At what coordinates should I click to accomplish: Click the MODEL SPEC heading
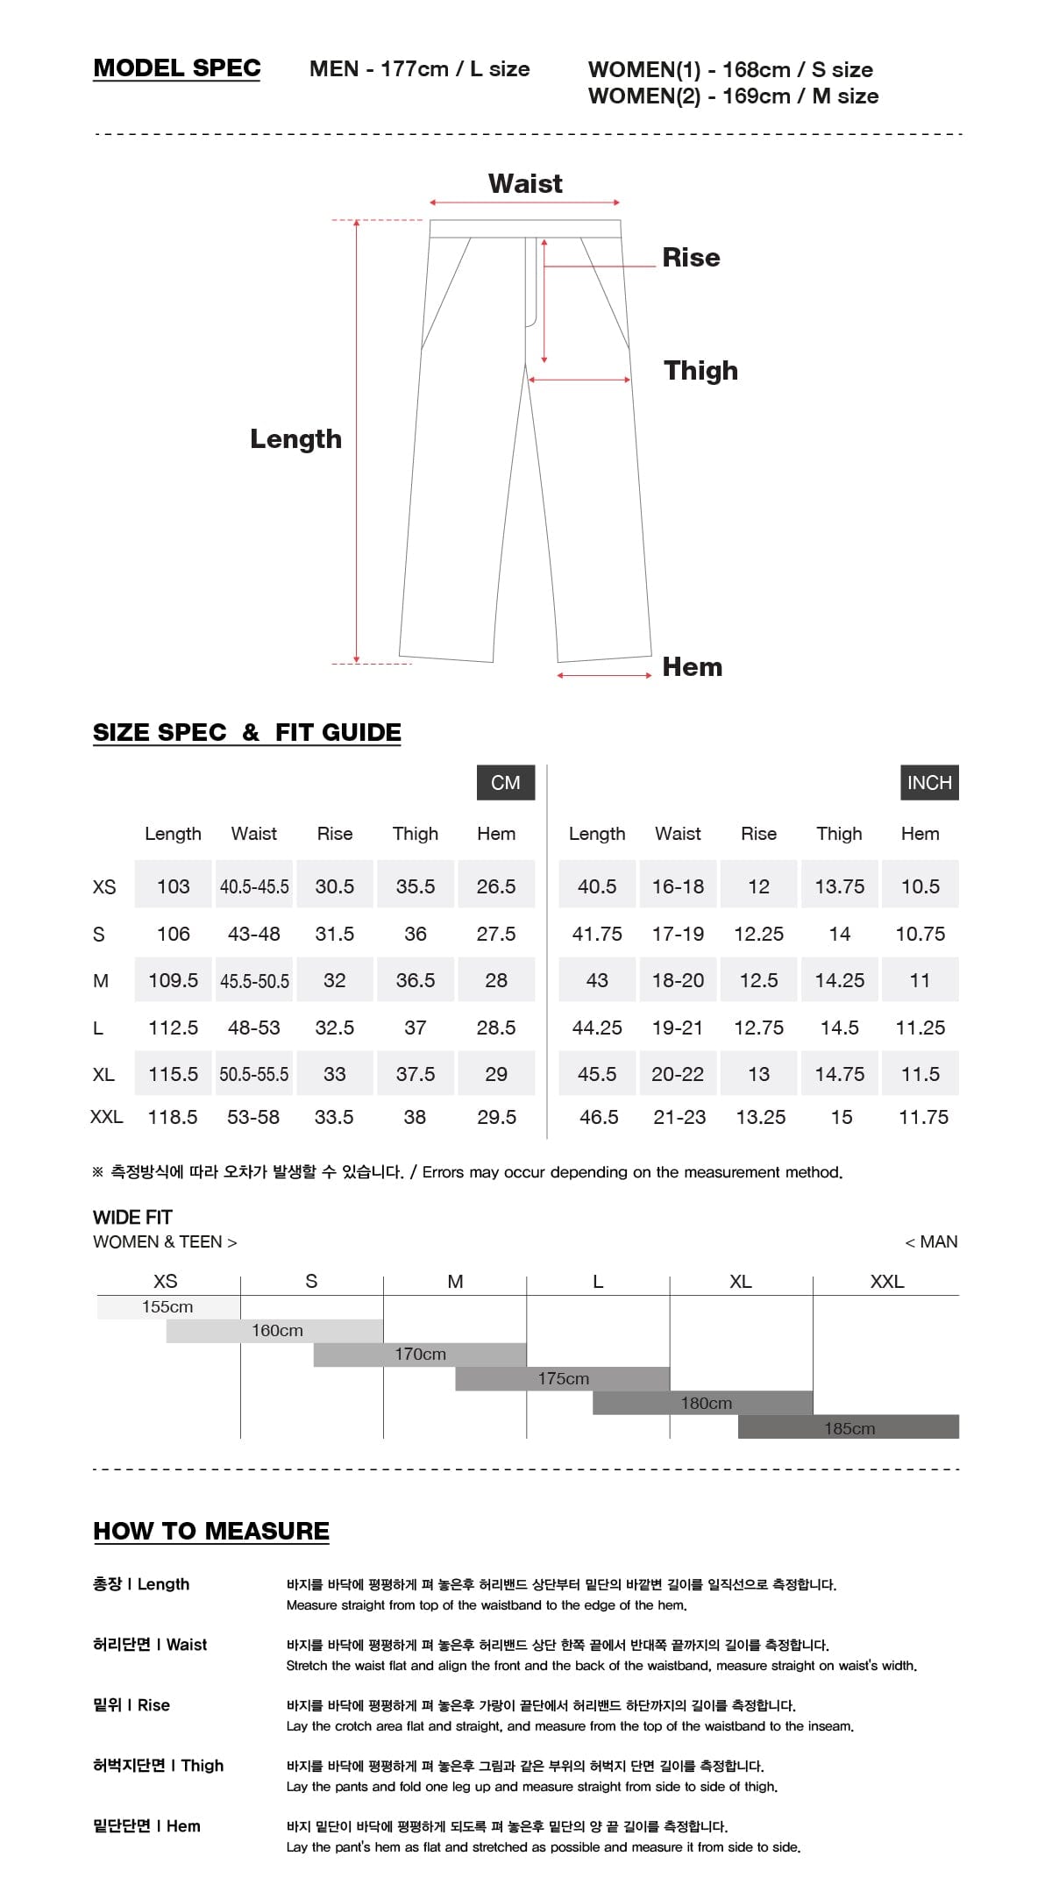pos(176,68)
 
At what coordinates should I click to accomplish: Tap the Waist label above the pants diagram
pos(525,183)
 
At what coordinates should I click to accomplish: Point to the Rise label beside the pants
pos(691,258)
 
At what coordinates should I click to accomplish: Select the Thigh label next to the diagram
pos(700,370)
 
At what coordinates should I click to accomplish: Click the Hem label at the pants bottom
pos(692,667)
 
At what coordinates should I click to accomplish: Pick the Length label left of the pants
pos(295,438)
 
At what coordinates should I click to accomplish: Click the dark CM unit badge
pos(505,783)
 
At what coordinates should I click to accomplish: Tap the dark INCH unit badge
pos(929,783)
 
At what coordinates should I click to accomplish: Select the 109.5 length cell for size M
pos(173,980)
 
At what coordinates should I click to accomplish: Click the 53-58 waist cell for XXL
pos(253,1117)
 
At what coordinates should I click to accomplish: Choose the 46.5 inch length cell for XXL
pos(599,1117)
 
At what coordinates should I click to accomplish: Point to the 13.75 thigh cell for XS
pos(839,886)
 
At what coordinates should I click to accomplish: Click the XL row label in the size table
pos(103,1074)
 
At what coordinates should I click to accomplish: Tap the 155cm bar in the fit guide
pos(167,1307)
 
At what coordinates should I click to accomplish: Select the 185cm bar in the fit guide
pos(849,1428)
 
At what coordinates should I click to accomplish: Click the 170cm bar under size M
pos(420,1355)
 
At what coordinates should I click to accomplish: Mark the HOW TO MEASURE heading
pos(211,1531)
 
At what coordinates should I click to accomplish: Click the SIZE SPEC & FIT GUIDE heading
pos(247,732)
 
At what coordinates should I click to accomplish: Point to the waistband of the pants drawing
pos(525,229)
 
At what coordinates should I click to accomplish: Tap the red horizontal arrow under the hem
pos(604,675)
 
